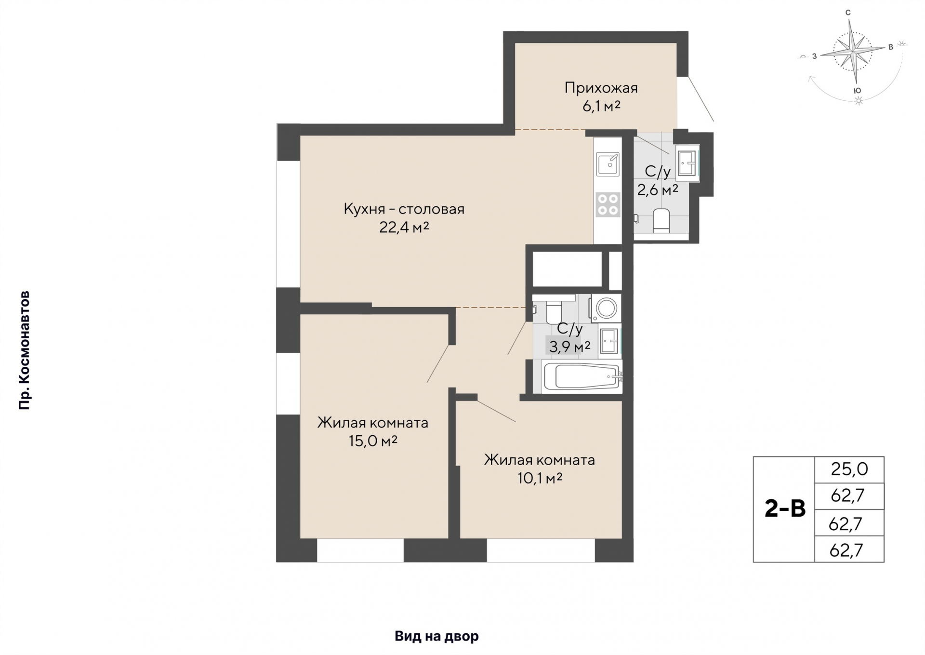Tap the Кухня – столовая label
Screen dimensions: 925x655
pos(404,209)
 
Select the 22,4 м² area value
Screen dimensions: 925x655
pos(404,227)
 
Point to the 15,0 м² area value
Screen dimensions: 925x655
pos(372,441)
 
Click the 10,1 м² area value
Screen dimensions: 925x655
pos(540,478)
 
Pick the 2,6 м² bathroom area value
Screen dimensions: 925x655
pos(658,190)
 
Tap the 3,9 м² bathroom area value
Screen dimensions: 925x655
pos(569,346)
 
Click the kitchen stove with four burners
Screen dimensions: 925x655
pos(607,204)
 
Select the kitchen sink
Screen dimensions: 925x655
pos(608,164)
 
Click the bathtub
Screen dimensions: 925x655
pos(582,376)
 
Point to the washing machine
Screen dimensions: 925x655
pos(606,307)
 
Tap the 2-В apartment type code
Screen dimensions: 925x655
pos(785,509)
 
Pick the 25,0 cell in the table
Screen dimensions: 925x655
pos(849,469)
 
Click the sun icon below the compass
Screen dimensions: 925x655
pos(858,101)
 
